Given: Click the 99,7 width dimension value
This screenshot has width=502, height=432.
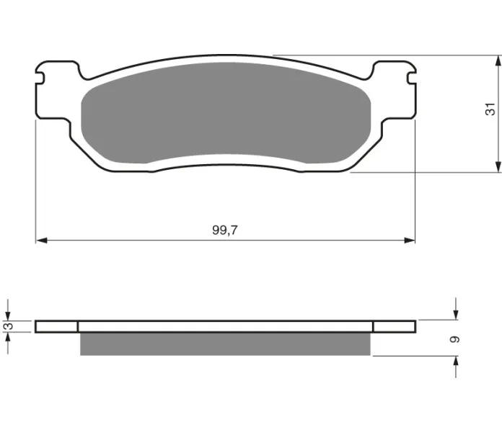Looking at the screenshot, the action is [x=225, y=230].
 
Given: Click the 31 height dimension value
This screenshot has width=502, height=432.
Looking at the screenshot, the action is [x=490, y=109].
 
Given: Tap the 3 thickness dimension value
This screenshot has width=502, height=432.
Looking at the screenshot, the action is [x=9, y=326].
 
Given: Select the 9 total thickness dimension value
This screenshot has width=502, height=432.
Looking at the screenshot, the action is [x=454, y=339].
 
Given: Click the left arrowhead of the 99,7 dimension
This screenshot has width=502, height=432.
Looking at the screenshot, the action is [x=42, y=240].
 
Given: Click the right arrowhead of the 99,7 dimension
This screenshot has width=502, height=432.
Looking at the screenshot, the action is [x=410, y=240].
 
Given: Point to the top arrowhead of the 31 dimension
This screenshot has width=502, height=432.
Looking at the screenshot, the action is [x=498, y=60].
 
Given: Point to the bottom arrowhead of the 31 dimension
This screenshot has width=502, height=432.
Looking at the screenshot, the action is [x=498, y=167].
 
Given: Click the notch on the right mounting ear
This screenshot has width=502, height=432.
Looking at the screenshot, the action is [x=411, y=78].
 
